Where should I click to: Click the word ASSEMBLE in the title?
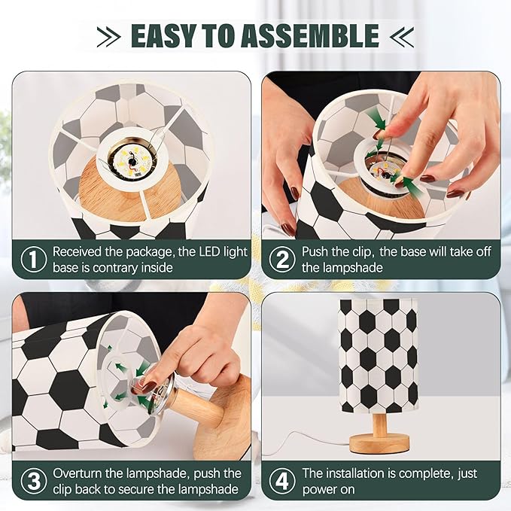tap(313, 35)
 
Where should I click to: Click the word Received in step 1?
tap(78, 252)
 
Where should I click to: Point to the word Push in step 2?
tap(316, 252)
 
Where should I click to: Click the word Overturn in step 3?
tap(78, 473)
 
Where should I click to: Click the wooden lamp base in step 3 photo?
tap(222, 418)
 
